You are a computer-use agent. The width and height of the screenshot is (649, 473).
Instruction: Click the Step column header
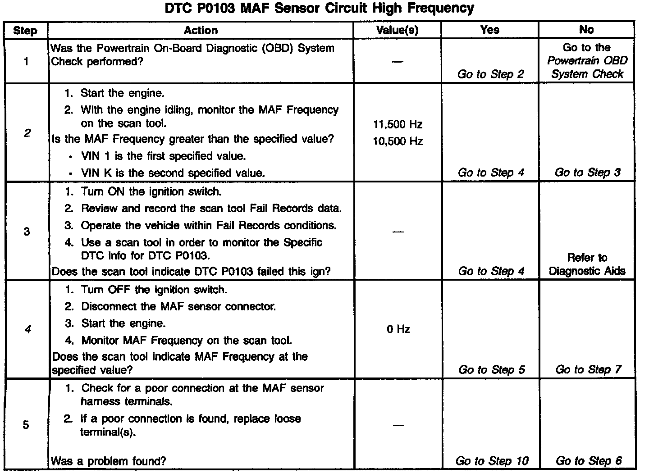point(25,31)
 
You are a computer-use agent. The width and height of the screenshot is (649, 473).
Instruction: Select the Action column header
point(201,31)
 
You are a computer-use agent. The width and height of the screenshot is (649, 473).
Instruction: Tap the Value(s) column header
point(397,31)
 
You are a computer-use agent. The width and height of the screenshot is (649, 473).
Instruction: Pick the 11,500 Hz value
point(398,124)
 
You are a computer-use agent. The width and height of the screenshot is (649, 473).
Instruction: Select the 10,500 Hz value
point(398,141)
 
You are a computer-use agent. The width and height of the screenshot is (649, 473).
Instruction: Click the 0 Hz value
point(398,329)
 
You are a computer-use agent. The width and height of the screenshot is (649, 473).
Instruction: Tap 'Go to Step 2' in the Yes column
point(491,74)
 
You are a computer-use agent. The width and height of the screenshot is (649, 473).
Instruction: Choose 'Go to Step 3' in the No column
point(587,173)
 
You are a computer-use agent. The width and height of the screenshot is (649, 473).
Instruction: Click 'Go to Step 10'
point(492,461)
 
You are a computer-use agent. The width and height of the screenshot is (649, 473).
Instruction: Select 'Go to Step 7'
point(588,370)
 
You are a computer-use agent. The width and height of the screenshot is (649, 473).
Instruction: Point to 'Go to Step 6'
point(588,461)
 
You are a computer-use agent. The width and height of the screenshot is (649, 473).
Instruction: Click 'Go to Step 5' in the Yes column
point(491,370)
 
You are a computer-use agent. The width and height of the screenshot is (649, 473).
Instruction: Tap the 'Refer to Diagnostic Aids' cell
point(587,264)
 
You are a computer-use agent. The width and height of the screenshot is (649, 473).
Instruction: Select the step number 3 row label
point(27,232)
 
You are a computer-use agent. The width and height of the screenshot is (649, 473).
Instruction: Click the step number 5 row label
point(26,425)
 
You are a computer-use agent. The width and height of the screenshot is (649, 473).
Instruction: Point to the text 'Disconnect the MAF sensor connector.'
point(178,307)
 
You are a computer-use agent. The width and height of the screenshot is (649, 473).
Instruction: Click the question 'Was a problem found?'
point(109,461)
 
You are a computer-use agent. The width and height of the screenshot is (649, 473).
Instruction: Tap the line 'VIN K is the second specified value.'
point(173,173)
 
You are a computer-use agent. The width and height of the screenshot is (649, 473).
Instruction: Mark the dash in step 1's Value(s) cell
point(397,62)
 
